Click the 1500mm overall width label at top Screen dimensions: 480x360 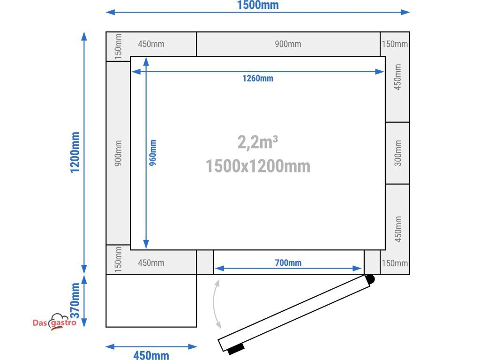click(258, 5)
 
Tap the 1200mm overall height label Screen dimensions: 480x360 click(75, 152)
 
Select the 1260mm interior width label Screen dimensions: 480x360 click(258, 78)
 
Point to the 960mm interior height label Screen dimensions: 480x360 click(152, 153)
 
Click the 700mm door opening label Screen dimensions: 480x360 click(288, 262)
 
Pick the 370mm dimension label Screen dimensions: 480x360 click(75, 300)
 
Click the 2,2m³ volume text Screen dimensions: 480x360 click(258, 142)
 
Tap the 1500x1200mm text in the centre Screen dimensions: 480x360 click(258, 166)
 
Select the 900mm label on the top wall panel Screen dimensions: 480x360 click(288, 44)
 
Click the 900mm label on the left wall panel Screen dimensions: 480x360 click(118, 153)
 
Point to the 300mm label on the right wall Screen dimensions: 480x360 click(397, 153)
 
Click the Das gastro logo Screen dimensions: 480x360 click(54, 322)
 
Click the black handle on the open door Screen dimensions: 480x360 click(236, 349)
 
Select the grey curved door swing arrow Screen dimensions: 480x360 click(217, 304)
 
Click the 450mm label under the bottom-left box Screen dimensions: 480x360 click(151, 355)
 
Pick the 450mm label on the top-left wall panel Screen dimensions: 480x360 click(151, 44)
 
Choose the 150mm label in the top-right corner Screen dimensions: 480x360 click(395, 44)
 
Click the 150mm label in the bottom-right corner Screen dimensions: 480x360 click(395, 263)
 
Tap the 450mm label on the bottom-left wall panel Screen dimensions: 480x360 click(151, 263)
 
